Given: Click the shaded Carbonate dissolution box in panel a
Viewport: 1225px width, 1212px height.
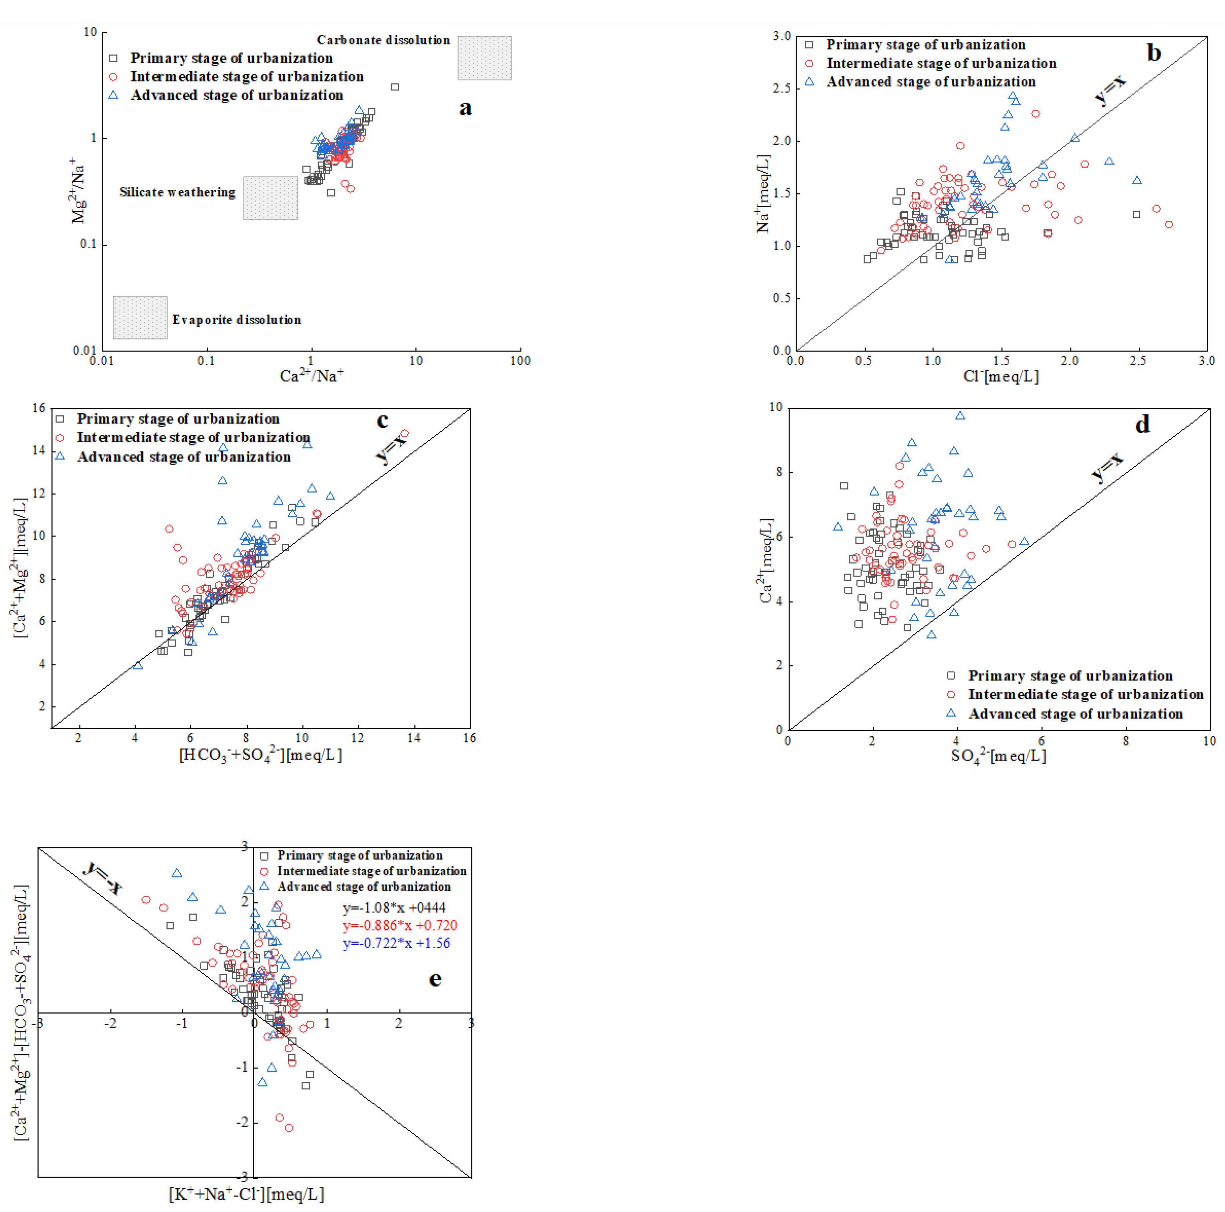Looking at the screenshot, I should [484, 58].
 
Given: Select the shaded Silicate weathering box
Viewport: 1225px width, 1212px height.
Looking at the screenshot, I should [270, 198].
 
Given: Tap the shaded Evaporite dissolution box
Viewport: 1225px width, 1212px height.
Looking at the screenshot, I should [140, 317].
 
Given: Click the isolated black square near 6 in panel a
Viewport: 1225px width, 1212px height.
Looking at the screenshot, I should [394, 87].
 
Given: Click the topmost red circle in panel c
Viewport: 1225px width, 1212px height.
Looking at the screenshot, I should [405, 434].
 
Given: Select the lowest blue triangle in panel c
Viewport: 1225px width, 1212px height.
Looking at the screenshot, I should [138, 665].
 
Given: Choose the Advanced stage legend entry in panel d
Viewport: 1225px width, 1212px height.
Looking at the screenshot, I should [1075, 714].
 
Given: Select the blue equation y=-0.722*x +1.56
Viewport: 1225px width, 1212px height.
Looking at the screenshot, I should [396, 943].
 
